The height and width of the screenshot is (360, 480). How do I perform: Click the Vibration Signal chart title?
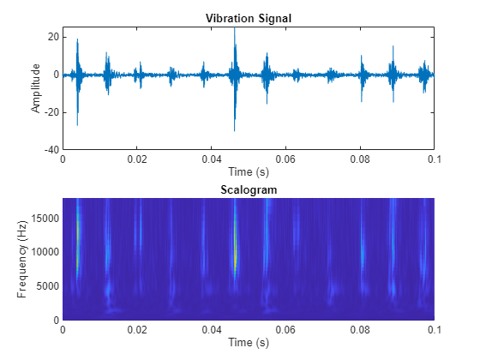coord(249,19)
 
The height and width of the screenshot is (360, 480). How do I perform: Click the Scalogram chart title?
coord(249,190)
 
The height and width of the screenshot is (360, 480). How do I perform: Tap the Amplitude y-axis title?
coord(36,88)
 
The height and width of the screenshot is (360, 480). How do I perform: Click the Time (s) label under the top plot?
coord(249,171)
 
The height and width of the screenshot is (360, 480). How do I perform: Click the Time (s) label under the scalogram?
coord(249,343)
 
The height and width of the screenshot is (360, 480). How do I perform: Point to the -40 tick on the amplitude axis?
coord(50,150)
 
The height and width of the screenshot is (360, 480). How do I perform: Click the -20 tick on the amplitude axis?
coord(50,112)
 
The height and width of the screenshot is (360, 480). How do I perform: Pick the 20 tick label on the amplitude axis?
coord(52,37)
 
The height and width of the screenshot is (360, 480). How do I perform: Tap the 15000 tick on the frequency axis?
coord(44,218)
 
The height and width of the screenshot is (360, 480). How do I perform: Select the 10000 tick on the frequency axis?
coord(44,252)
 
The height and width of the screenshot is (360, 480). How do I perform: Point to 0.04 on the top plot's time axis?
coord(211,159)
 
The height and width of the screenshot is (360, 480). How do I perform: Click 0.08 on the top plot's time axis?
coord(360,159)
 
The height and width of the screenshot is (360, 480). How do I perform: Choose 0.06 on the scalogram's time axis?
coord(285,331)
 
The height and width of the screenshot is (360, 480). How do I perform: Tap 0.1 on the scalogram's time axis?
coord(434,331)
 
